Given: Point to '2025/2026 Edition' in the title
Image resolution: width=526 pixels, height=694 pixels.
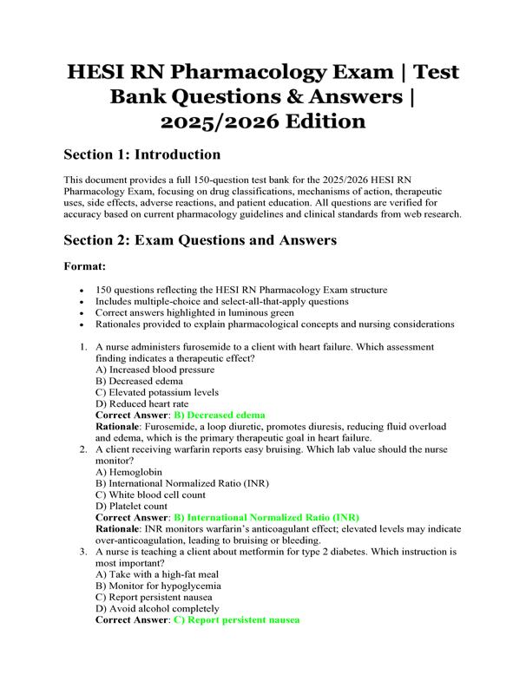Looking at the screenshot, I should coord(263,120).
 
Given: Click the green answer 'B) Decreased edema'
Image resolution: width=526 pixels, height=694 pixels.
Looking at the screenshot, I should coord(219,416).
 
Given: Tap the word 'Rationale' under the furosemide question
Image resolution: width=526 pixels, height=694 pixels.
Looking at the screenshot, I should coord(121,427).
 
